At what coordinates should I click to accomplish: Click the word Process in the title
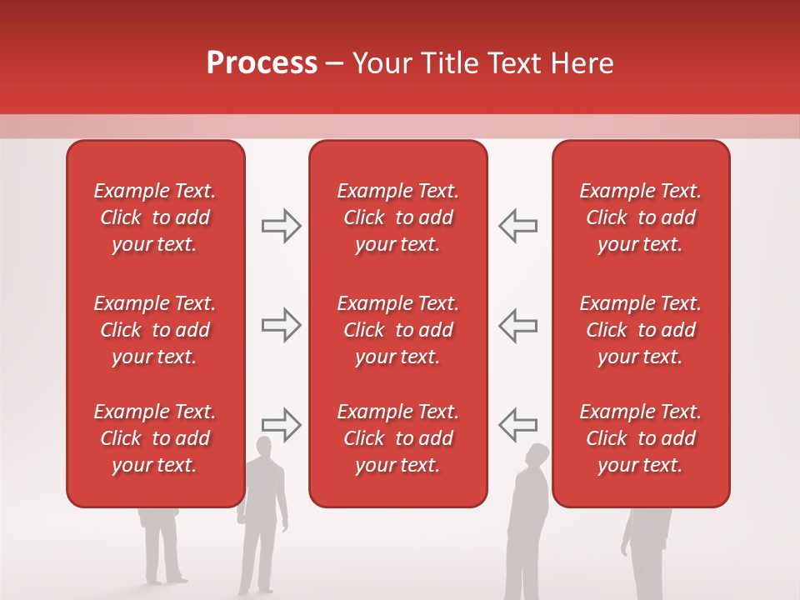262,63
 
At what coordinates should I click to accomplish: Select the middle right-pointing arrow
282,325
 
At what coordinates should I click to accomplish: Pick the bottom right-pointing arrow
282,425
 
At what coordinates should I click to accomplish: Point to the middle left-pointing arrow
517,325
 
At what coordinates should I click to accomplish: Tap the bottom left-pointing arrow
517,425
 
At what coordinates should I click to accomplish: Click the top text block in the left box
155,217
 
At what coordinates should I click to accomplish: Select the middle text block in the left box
155,330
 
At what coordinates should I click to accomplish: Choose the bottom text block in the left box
155,438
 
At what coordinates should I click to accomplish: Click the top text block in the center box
397,217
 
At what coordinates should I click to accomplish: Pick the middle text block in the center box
397,330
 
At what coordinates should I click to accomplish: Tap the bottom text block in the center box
397,438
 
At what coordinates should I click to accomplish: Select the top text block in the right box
640,217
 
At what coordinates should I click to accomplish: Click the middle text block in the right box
640,330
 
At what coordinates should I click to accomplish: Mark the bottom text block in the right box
640,438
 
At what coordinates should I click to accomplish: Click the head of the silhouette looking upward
538,456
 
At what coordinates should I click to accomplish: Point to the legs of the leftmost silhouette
163,554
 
